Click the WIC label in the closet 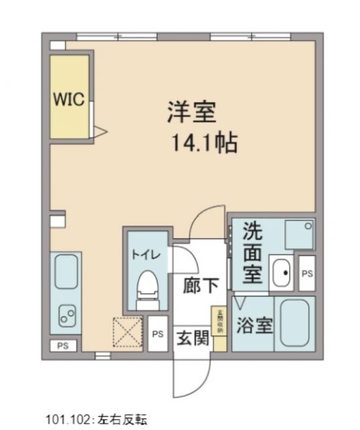coord(69,101)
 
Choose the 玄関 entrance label coord(191,338)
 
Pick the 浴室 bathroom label coord(255,326)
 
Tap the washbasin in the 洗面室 coord(281,272)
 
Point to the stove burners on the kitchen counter coord(66,312)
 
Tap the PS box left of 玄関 coord(158,333)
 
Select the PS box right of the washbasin coord(307,273)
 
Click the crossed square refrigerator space coord(128,332)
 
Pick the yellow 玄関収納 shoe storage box coord(218,321)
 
